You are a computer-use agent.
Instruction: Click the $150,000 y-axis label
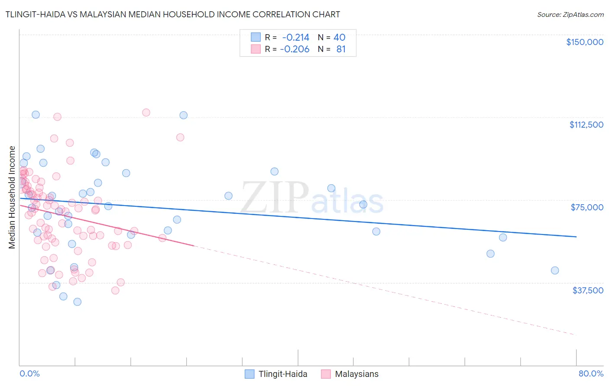584,42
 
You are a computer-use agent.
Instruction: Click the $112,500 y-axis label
586,125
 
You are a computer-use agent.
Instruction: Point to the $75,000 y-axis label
587,207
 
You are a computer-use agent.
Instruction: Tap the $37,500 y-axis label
588,290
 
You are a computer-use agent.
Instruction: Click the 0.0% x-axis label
29,373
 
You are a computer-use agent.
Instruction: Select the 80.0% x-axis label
591,373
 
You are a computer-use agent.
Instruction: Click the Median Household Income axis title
12,197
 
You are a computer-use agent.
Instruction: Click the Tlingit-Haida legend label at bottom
283,374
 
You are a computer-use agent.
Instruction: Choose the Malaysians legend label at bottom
356,374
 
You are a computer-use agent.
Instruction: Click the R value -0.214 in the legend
295,38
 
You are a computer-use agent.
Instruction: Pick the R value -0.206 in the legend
295,49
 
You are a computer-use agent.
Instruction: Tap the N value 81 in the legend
341,49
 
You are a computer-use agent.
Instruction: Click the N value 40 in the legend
339,38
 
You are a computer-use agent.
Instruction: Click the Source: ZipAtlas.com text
570,15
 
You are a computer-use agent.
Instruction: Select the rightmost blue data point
555,270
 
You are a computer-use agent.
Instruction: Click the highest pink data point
146,113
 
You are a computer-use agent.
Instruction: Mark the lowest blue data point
78,302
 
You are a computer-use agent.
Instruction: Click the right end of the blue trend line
576,237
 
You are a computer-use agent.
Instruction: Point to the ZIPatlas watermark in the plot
312,198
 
